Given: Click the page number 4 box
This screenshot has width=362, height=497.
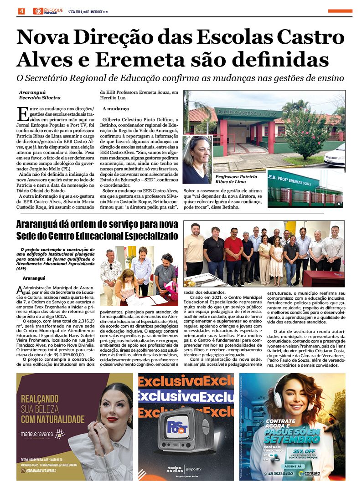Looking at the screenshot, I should point(21,11).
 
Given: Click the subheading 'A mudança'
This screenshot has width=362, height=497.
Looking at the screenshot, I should point(114,109).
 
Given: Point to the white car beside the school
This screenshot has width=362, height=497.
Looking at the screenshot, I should point(335,155).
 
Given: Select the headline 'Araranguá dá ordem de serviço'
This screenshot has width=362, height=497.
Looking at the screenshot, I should point(97,224).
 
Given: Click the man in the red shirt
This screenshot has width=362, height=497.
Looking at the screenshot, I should point(233,250).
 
